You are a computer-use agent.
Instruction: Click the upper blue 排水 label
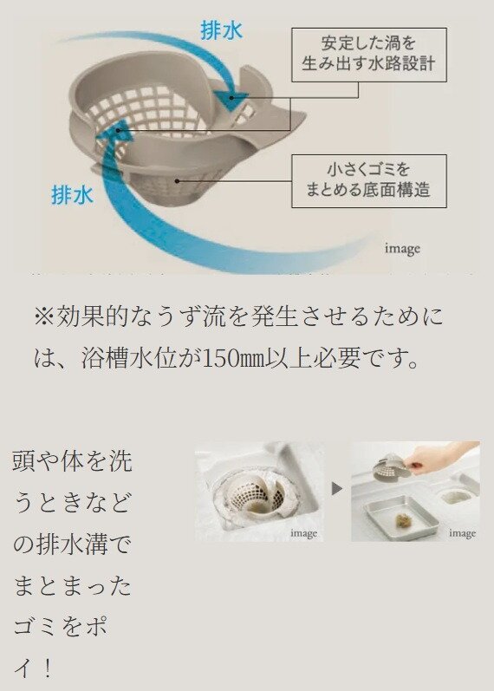(221, 31)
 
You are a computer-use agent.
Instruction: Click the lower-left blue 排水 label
(72, 195)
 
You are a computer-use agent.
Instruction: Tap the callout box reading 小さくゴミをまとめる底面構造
(368, 180)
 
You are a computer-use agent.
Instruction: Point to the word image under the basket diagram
(402, 249)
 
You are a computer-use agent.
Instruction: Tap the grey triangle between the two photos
(337, 489)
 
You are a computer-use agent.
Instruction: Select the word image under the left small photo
(303, 533)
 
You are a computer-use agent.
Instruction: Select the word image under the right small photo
(462, 533)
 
